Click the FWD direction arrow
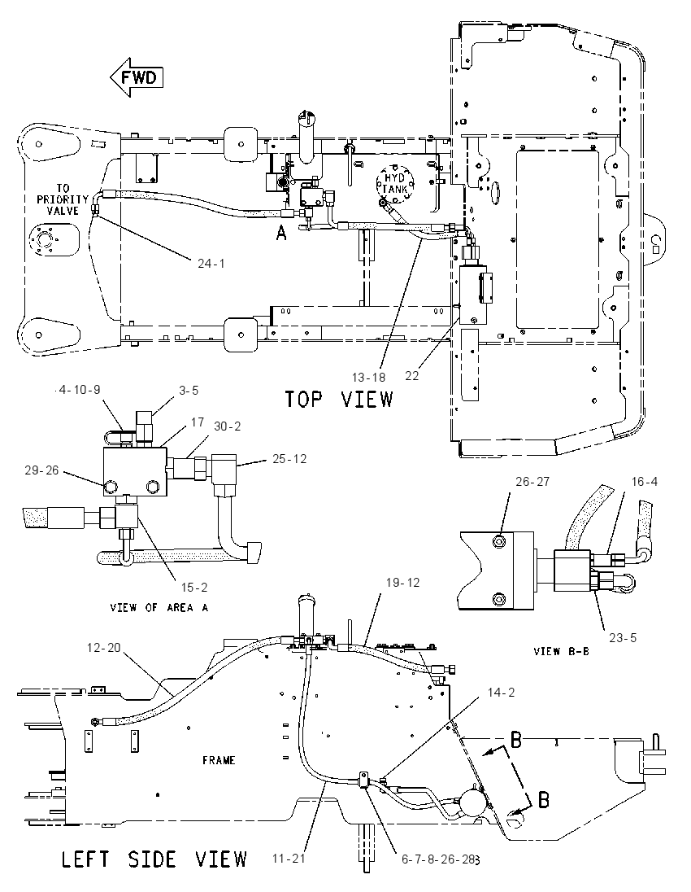tap(137, 77)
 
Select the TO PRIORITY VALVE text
tap(63, 199)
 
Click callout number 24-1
tap(211, 264)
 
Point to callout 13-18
tap(368, 377)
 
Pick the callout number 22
tap(412, 376)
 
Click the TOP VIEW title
tap(339, 399)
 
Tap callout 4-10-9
tap(80, 390)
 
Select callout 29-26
tap(41, 470)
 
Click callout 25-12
tap(289, 458)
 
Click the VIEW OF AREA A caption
tap(159, 608)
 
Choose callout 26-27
tap(532, 481)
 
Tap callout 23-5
tap(623, 638)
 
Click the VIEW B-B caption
tap(562, 651)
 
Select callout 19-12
tap(403, 583)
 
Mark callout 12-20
tap(104, 647)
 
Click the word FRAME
tap(219, 760)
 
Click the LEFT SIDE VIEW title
tap(154, 859)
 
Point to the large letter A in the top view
tap(281, 233)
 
